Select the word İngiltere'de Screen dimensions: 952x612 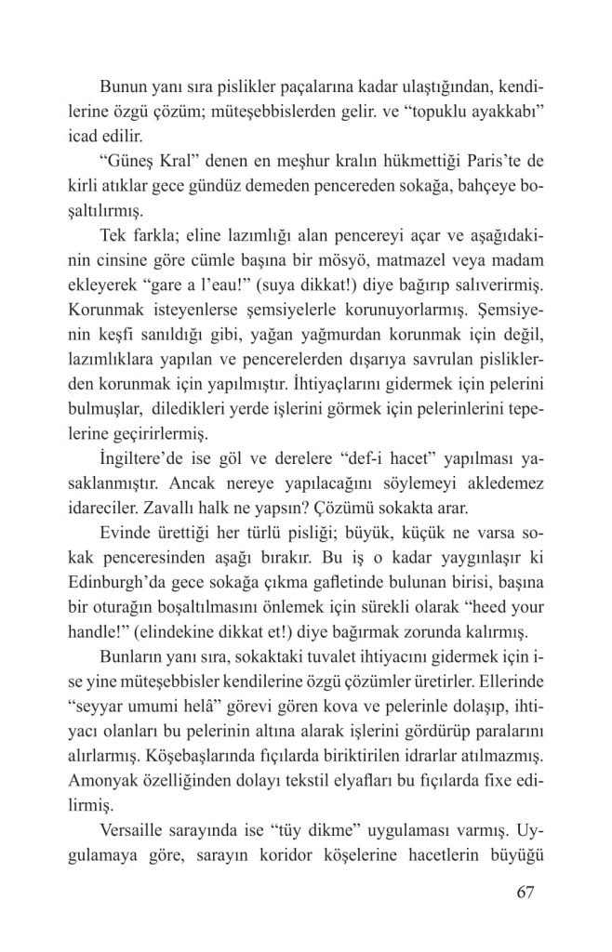click(143, 463)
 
